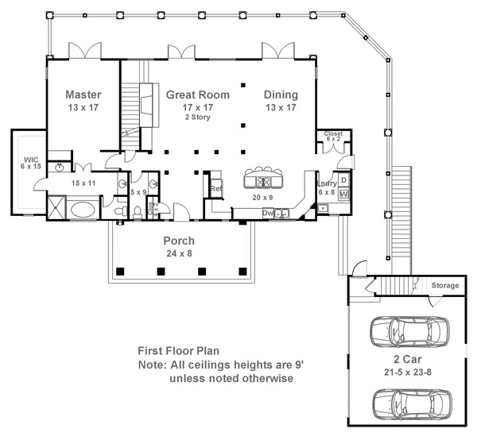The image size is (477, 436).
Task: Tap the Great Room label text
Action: pyautogui.click(x=197, y=95)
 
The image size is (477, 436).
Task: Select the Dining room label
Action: pyautogui.click(x=281, y=94)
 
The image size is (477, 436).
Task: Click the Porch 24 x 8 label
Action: pyautogui.click(x=179, y=241)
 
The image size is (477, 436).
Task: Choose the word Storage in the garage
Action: pyautogui.click(x=444, y=285)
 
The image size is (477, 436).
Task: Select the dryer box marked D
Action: pyautogui.click(x=343, y=180)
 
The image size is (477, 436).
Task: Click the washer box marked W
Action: pyautogui.click(x=343, y=193)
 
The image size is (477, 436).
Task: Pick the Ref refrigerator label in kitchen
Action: pyautogui.click(x=215, y=189)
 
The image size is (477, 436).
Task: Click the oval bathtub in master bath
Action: pyautogui.click(x=83, y=210)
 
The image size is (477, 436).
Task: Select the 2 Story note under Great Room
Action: pyautogui.click(x=198, y=116)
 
